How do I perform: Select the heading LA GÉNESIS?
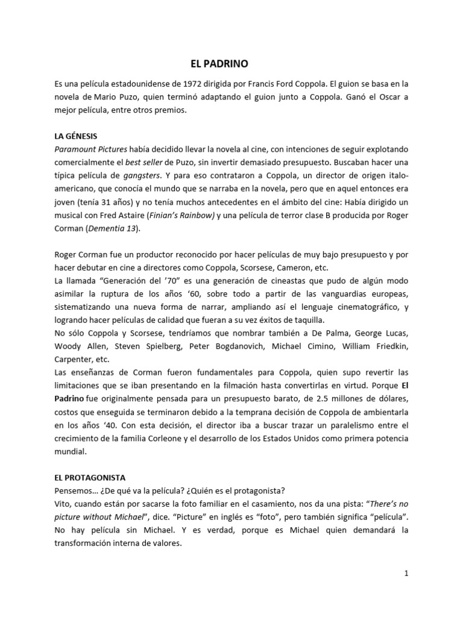75,137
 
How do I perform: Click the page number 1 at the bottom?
407,573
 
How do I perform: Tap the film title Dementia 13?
113,228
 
